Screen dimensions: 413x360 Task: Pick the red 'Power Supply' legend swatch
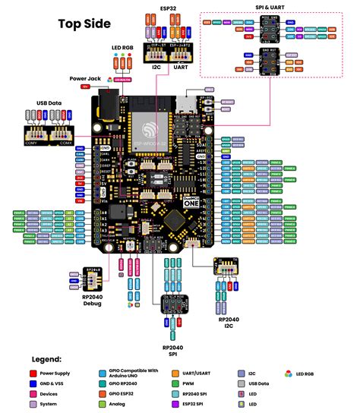point(33,374)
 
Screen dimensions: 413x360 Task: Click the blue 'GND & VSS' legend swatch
point(33,384)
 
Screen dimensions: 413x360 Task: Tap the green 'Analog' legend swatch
point(102,405)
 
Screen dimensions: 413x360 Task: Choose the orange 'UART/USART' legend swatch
point(175,374)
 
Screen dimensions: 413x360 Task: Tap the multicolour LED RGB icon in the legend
point(289,374)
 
